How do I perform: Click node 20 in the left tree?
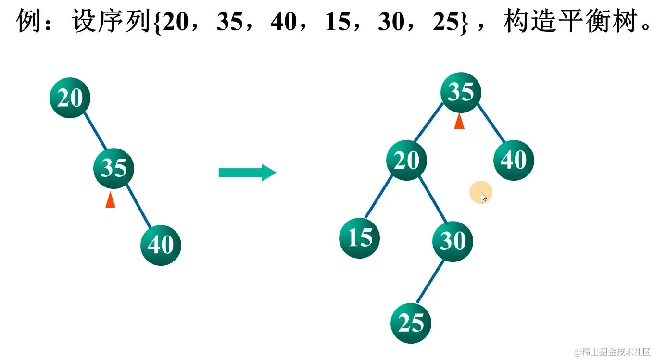pyautogui.click(x=70, y=98)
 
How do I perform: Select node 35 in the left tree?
pyautogui.click(x=114, y=168)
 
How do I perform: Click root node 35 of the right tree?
pyautogui.click(x=461, y=92)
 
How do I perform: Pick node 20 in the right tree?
pyautogui.click(x=406, y=160)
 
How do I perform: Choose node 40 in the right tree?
pyautogui.click(x=514, y=160)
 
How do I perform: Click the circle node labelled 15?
pyautogui.click(x=360, y=237)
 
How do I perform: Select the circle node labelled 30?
pyautogui.click(x=453, y=241)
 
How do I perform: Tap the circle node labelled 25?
pyautogui.click(x=411, y=323)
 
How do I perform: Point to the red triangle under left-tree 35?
pyautogui.click(x=111, y=200)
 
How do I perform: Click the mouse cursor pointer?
pyautogui.click(x=483, y=196)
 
